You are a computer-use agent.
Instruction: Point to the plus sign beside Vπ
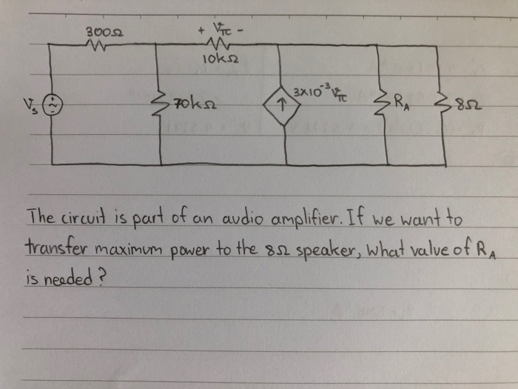tap(199, 31)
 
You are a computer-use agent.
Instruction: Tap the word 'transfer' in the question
tap(50, 247)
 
